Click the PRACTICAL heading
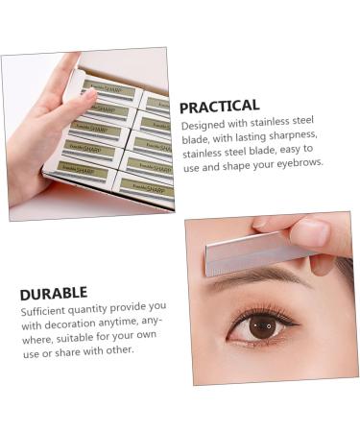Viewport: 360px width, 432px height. tap(219, 107)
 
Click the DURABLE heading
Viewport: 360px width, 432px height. tap(54, 293)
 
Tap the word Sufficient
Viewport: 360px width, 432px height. tap(46, 309)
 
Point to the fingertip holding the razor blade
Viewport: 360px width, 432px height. tap(312, 233)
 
